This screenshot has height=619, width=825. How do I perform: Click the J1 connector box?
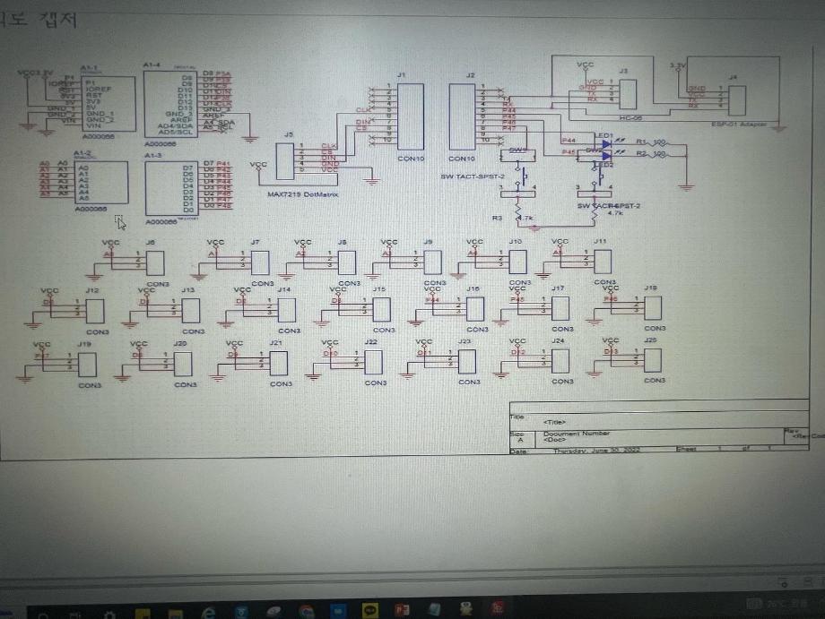410,116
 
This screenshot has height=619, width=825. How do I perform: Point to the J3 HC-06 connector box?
628,94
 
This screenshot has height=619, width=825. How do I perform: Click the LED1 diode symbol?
606,143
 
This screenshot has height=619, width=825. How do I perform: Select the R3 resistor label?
498,218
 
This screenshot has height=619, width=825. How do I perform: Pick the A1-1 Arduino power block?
108,104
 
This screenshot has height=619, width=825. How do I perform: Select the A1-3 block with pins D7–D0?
172,189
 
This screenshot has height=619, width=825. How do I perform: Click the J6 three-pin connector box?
155,262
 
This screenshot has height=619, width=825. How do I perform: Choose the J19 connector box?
88,364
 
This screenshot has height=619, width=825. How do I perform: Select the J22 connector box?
374,362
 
